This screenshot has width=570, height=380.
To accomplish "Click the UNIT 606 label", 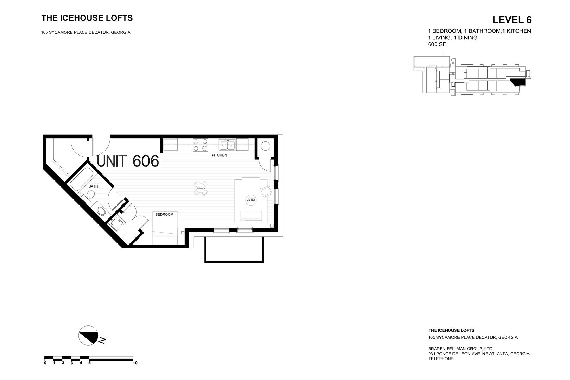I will pos(128,161).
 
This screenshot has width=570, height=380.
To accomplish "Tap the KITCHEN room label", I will pos(219,155).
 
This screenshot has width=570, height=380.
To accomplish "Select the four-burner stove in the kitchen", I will pos(200,145).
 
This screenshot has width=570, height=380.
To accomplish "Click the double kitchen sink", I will pos(227,144).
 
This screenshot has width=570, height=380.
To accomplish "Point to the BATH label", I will pos(93,186).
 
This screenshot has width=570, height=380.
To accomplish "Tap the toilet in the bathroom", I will pos(89,196).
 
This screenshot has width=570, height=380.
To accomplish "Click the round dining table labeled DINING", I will pos(201,188).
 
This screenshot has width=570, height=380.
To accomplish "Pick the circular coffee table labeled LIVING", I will pos(251,200).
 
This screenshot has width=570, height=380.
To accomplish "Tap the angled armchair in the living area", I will pos(266,192).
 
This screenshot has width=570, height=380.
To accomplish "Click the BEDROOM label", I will pos(164,214).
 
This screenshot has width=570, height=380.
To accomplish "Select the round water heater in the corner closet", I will pos(265,146).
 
